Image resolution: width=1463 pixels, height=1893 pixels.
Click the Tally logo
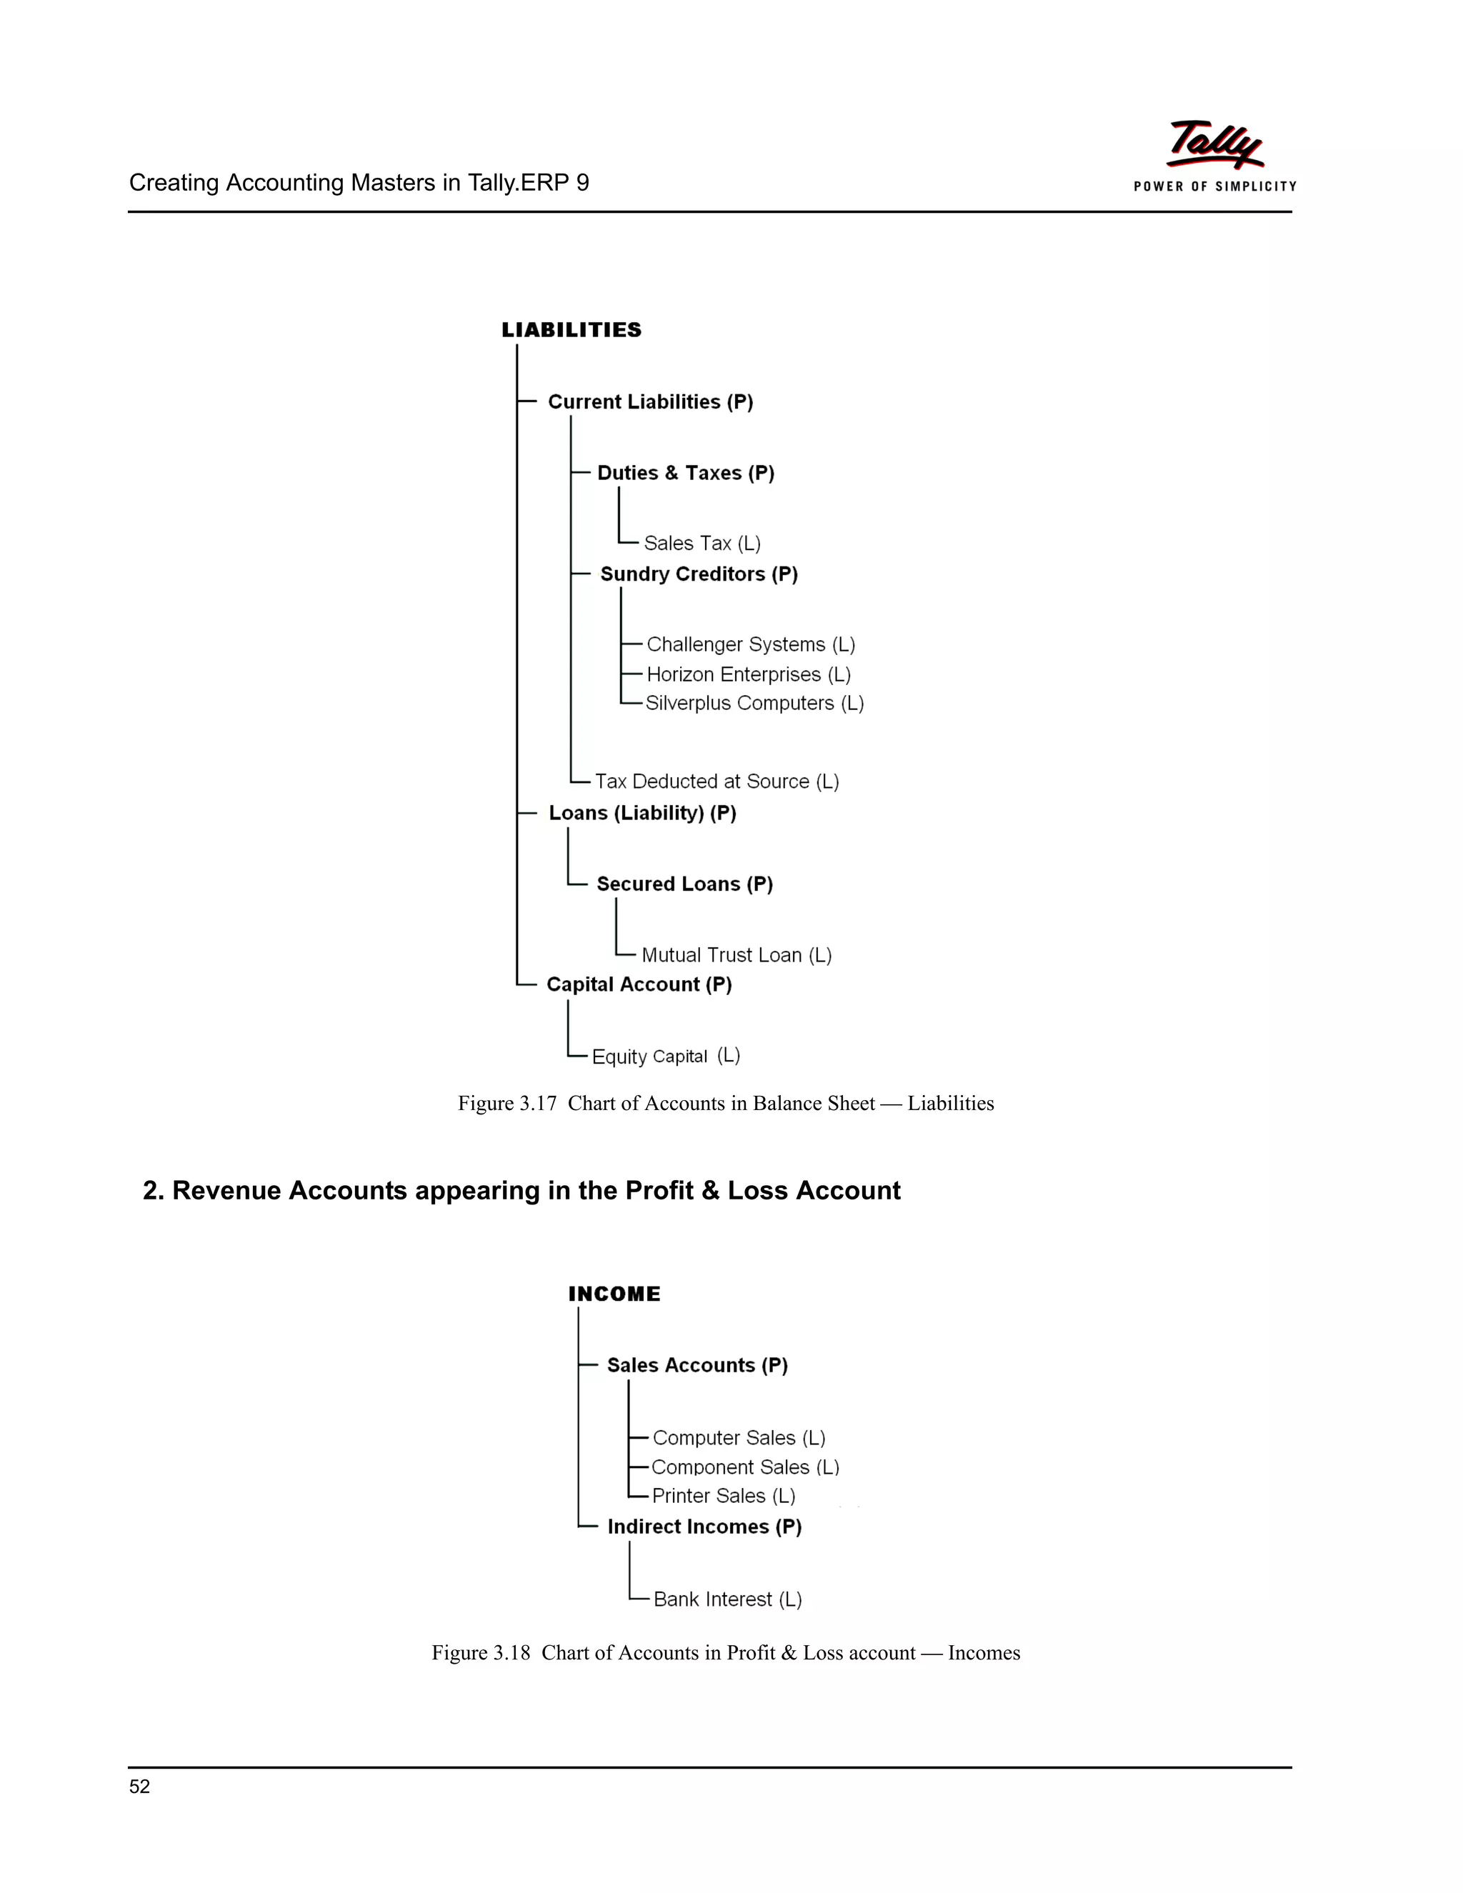coord(1214,154)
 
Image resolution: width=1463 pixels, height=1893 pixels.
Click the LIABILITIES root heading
coord(571,330)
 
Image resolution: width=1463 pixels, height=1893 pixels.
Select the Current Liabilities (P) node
coord(650,402)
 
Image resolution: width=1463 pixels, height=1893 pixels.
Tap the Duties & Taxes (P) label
coord(686,473)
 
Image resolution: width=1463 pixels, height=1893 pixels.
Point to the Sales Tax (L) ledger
coord(702,544)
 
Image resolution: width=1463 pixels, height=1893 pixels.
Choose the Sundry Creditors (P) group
coord(699,574)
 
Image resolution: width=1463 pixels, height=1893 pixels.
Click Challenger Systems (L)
coord(751,645)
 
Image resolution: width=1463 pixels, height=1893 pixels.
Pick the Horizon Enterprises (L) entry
coord(748,674)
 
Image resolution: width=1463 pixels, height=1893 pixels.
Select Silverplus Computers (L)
coord(754,703)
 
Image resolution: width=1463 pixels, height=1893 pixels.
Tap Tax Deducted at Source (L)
coord(716,781)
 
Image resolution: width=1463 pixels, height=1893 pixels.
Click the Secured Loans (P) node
coord(684,884)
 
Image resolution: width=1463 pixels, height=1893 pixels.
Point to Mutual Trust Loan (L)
coord(736,955)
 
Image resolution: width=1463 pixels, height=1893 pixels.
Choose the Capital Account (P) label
coord(639,984)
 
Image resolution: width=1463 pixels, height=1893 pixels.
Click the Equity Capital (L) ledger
coord(666,1056)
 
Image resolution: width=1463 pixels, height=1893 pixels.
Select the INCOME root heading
coord(614,1294)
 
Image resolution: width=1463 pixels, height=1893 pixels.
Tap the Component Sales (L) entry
coord(744,1467)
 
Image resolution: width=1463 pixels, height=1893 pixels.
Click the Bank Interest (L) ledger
coord(727,1599)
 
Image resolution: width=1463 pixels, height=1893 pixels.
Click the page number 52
coord(139,1787)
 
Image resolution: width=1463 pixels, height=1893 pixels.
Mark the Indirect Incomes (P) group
coord(704,1527)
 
